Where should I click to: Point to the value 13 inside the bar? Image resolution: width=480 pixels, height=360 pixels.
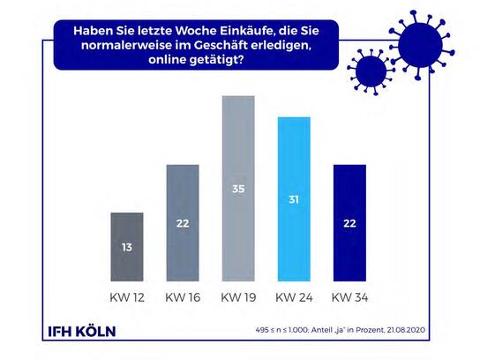(x=127, y=247)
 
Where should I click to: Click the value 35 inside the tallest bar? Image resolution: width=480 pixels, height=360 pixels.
(x=238, y=189)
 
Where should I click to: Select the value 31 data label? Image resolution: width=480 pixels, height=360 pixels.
(x=294, y=199)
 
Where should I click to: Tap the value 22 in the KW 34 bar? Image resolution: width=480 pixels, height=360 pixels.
(x=349, y=223)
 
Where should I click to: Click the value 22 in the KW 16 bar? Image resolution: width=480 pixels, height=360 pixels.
(x=183, y=223)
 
